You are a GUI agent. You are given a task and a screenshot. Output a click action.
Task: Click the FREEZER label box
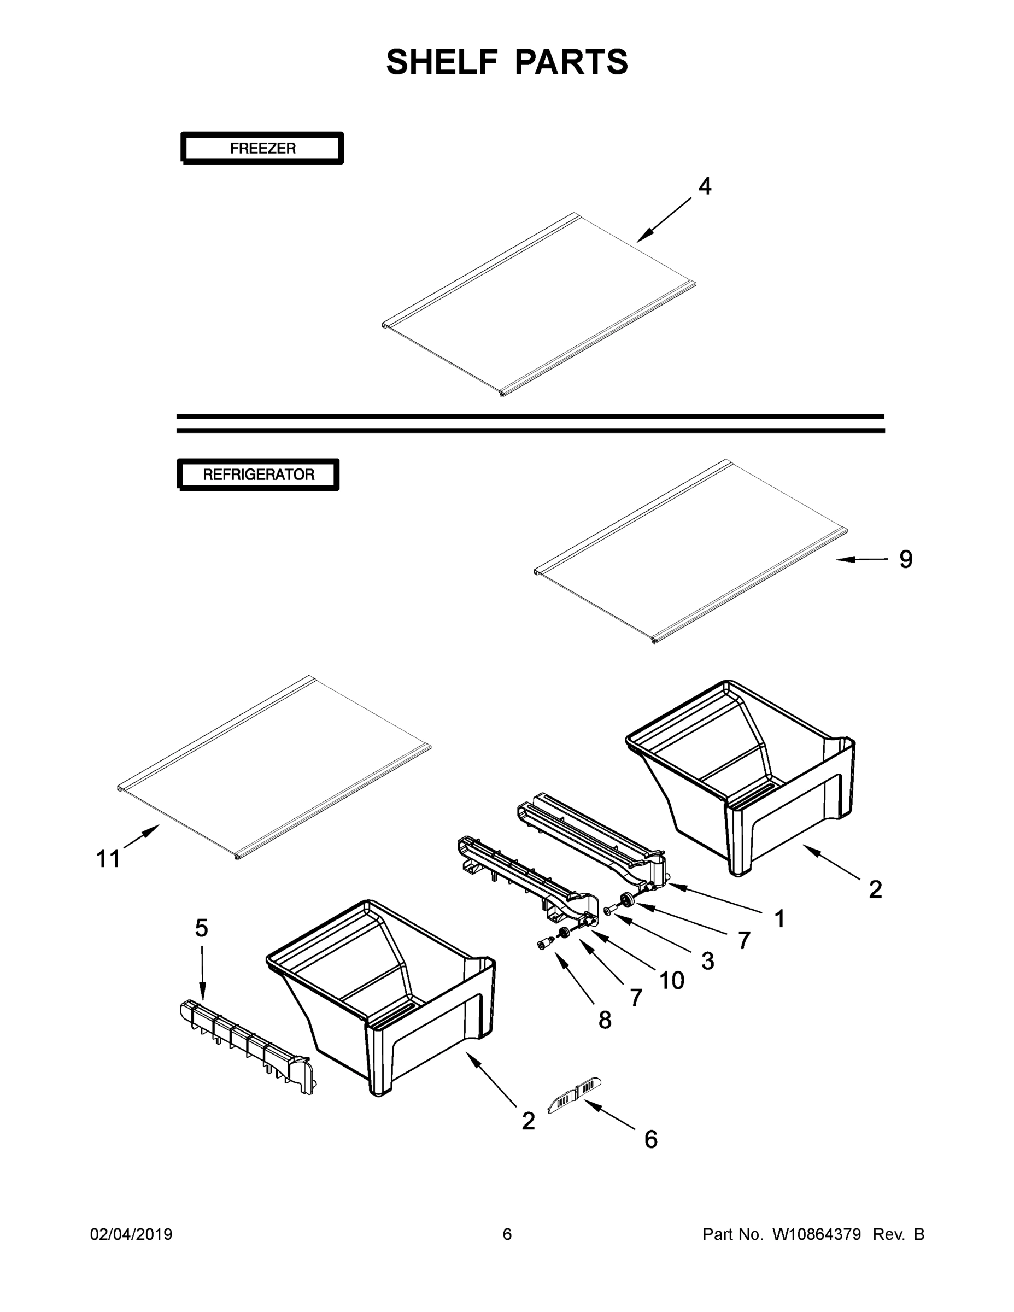[262, 148]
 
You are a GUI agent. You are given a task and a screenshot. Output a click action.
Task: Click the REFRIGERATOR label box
[259, 475]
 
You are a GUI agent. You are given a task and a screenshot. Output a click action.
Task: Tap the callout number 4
[705, 187]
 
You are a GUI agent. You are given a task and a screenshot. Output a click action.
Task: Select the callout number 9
[906, 559]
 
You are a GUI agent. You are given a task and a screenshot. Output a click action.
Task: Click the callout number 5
[201, 928]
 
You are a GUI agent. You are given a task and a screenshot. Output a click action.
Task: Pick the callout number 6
[651, 1140]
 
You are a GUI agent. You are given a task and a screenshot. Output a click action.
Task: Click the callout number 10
[672, 981]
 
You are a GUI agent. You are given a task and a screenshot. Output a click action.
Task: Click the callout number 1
[779, 918]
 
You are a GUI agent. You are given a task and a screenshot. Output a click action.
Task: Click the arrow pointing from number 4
[664, 220]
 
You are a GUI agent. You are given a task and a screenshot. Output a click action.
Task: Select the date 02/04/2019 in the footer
[131, 1234]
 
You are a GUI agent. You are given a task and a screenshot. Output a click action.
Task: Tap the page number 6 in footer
[507, 1234]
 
